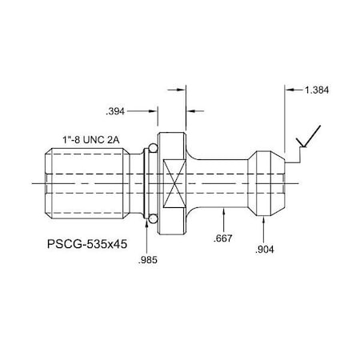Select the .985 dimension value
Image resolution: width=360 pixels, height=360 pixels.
coord(147,261)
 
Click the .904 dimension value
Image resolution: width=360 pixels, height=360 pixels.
coord(265,250)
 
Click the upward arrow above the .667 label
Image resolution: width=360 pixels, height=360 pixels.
coord(226,212)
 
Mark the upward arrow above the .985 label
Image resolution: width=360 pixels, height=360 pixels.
coord(147,227)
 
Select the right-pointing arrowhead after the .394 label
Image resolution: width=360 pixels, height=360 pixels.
coord(152,109)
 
